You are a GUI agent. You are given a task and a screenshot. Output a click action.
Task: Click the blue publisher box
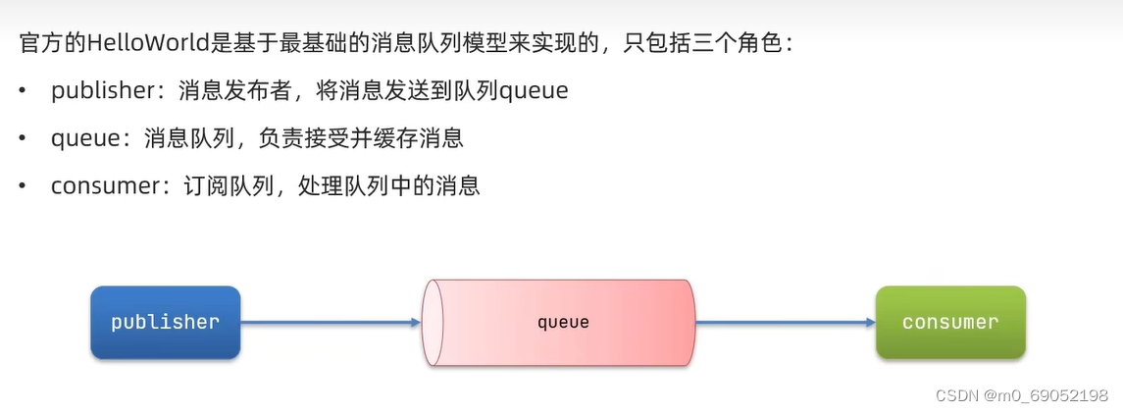click(165, 322)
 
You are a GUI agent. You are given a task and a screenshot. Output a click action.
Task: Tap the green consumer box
click(950, 322)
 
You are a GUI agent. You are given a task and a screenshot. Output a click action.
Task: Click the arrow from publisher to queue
click(330, 322)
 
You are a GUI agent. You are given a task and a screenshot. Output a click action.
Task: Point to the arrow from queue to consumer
click(785, 322)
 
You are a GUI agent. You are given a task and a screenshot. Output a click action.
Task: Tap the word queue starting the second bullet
click(84, 138)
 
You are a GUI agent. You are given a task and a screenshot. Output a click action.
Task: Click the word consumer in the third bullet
click(96, 185)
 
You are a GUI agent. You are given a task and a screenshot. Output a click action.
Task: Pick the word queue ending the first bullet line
click(534, 91)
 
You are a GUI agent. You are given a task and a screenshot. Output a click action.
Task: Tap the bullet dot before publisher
click(23, 91)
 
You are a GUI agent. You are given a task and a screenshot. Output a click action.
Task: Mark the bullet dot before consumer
click(23, 185)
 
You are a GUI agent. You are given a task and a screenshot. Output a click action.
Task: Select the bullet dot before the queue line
click(23, 138)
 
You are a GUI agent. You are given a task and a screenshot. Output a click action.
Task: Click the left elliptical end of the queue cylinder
click(433, 322)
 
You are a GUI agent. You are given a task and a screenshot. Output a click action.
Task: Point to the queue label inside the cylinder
click(563, 322)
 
